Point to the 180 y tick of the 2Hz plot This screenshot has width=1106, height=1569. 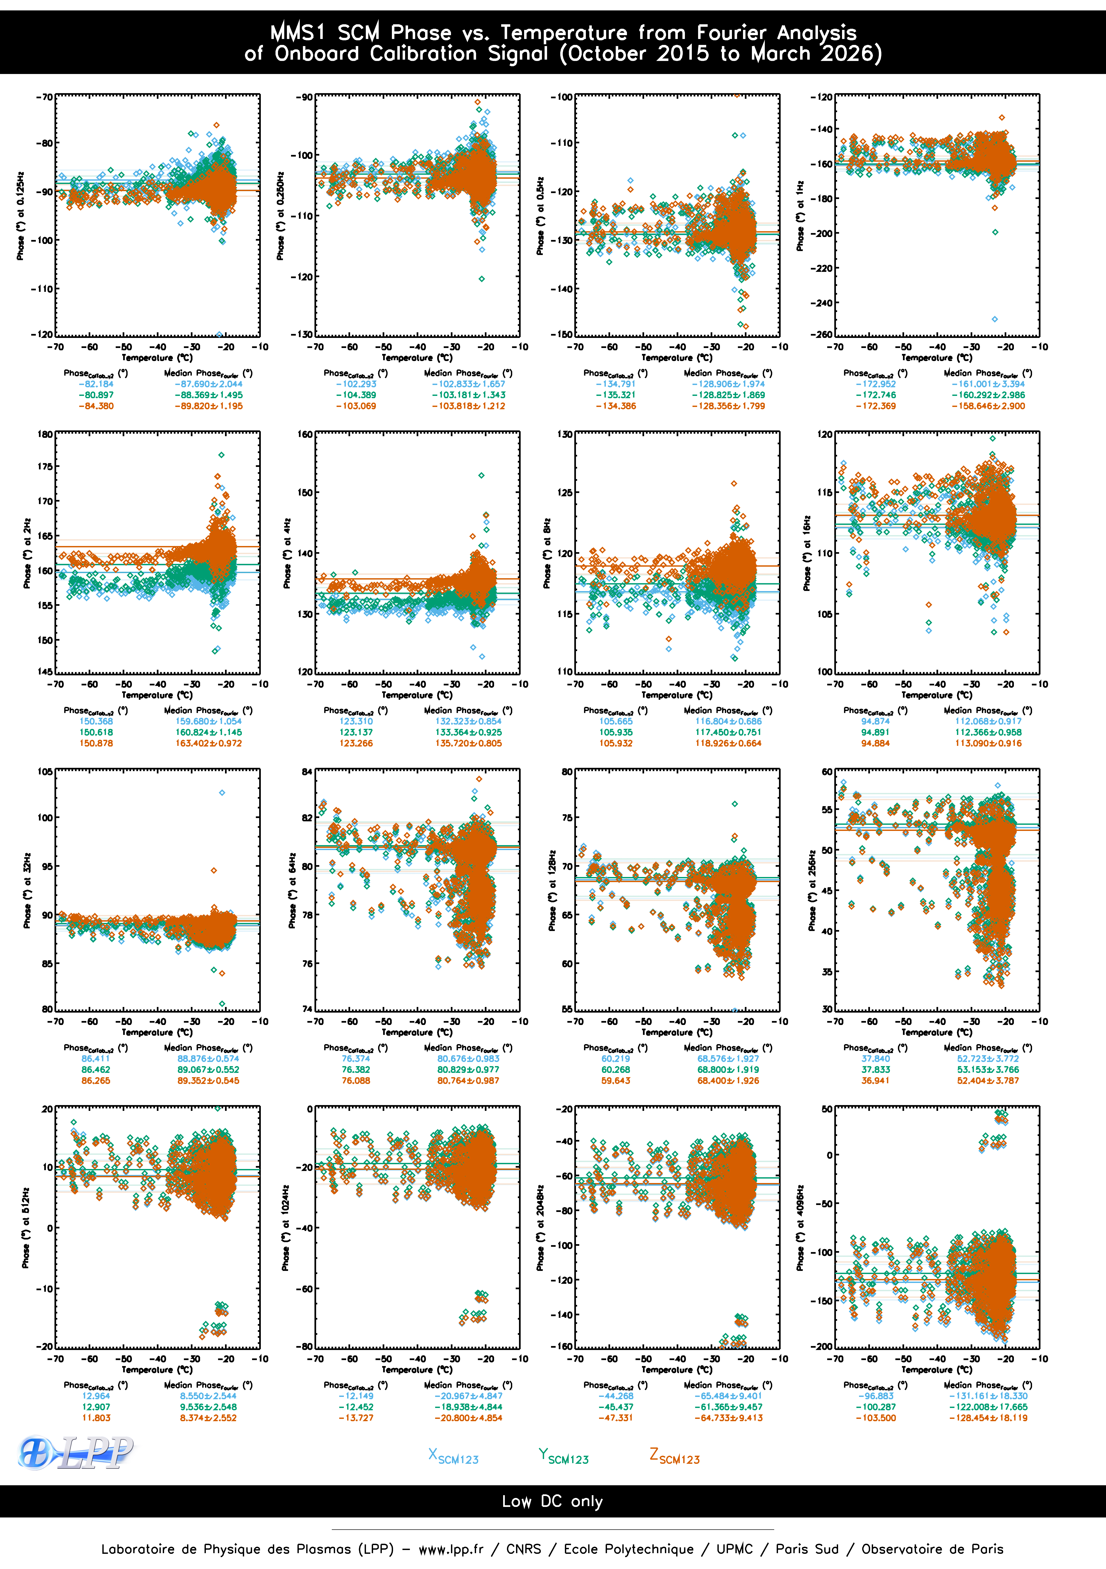45,434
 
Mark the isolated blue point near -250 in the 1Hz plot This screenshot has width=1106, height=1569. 995,319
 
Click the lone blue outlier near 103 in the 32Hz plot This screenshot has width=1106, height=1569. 222,793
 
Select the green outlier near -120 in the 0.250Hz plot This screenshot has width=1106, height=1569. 482,279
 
